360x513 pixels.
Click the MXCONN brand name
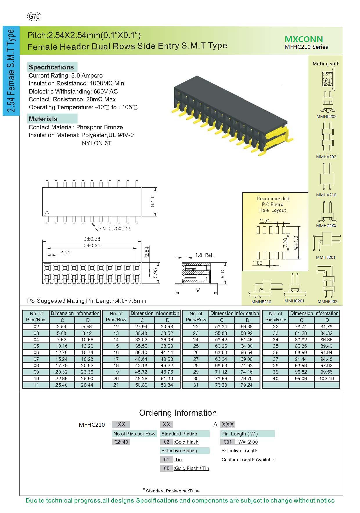coord(303,39)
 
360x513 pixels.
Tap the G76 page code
coord(34,17)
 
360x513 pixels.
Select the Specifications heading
coord(51,67)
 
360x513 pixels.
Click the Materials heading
coord(43,119)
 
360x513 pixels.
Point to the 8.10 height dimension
coord(152,202)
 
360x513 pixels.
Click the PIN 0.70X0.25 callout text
coord(115,229)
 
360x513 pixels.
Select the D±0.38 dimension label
coord(92,239)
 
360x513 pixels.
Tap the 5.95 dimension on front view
coord(156,273)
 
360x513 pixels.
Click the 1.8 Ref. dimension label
coord(204,255)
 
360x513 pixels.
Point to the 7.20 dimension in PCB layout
coord(285,243)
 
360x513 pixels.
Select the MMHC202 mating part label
coord(326,116)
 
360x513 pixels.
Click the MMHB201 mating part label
coord(326,257)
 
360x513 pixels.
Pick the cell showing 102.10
coord(327,379)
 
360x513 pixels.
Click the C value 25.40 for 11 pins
coord(62,385)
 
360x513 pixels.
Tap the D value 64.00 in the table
coord(246,346)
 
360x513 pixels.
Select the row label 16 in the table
coord(116,352)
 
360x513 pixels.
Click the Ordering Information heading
coord(178,413)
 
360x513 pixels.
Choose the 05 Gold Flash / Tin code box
coord(166,468)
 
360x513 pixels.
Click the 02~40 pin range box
coord(121,442)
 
